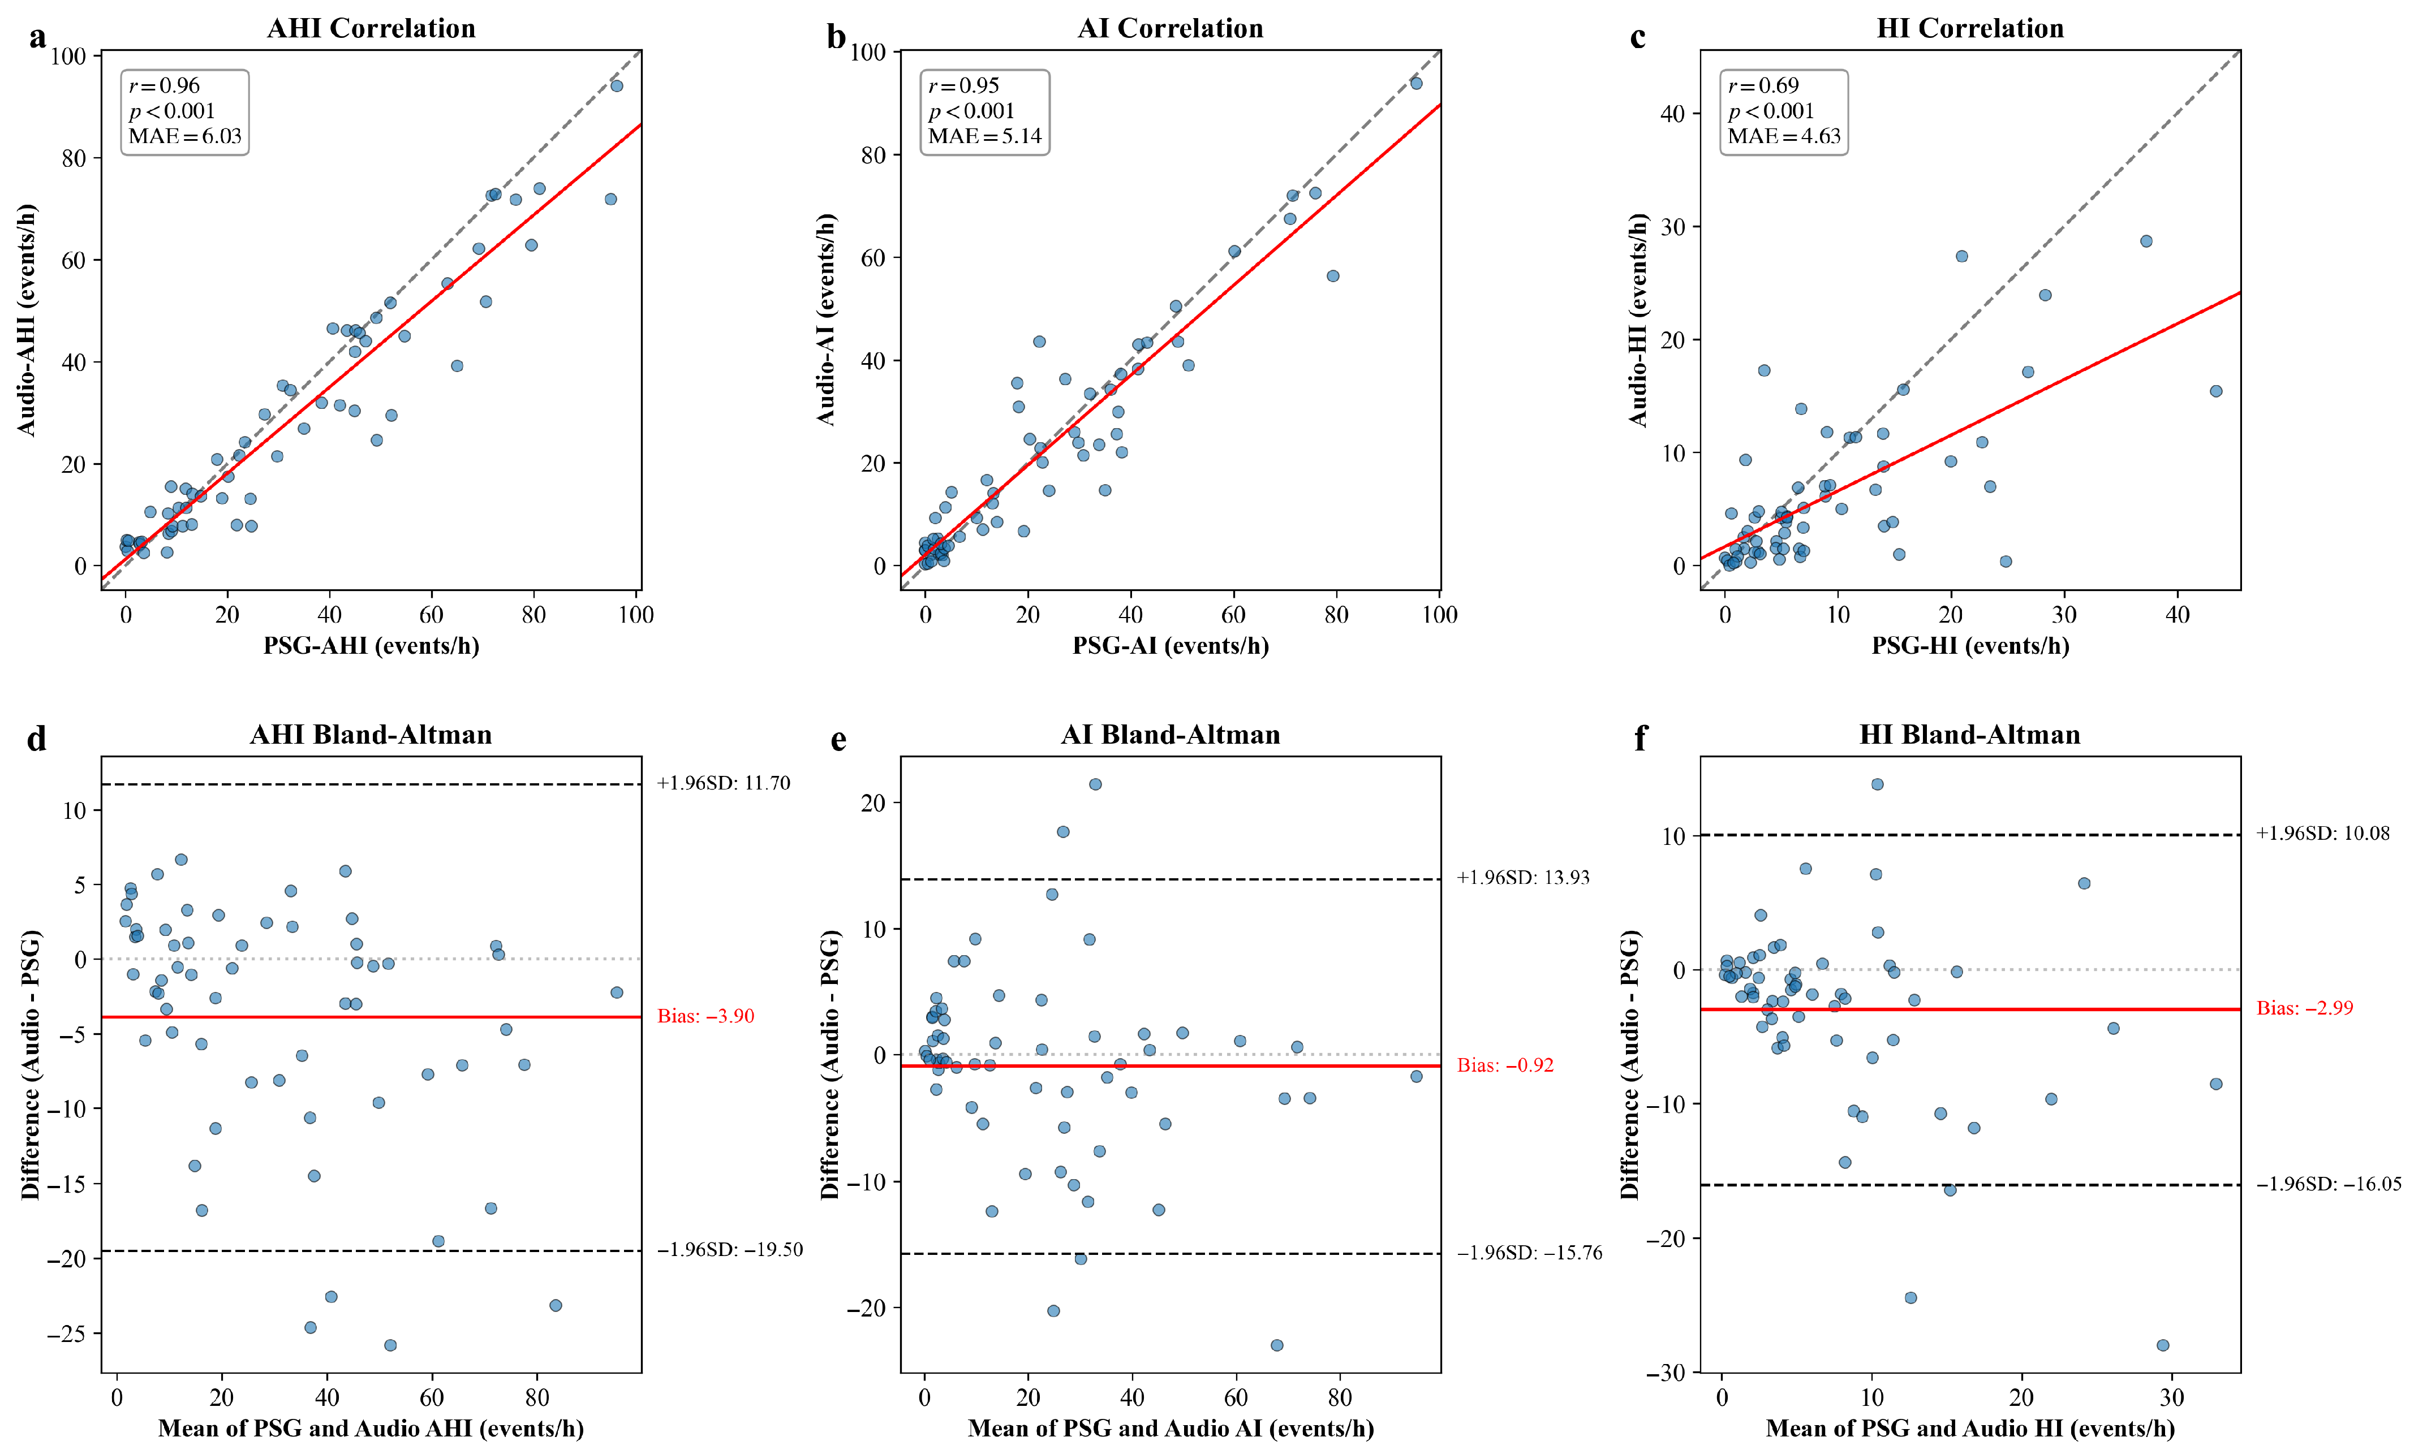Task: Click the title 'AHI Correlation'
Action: pos(371,28)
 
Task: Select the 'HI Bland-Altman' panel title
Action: pos(1969,735)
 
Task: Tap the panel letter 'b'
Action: pos(836,37)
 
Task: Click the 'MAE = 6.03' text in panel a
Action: pos(185,136)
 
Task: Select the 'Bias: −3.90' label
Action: pos(705,1016)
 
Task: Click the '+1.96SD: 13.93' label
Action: pos(1522,878)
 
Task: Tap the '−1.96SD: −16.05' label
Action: pos(2328,1184)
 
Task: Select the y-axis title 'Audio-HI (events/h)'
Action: pos(1638,320)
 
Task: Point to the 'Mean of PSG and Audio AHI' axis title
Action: pos(371,1429)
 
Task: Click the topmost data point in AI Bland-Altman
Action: pos(1096,784)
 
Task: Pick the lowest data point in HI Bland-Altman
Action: pos(2163,1345)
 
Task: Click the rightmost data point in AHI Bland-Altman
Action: pos(617,992)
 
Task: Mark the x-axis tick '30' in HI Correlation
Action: pos(2064,615)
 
